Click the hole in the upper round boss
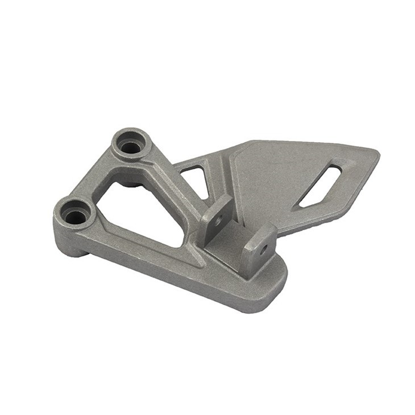click(131, 147)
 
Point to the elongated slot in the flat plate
click(321, 185)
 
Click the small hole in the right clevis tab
click(264, 249)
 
